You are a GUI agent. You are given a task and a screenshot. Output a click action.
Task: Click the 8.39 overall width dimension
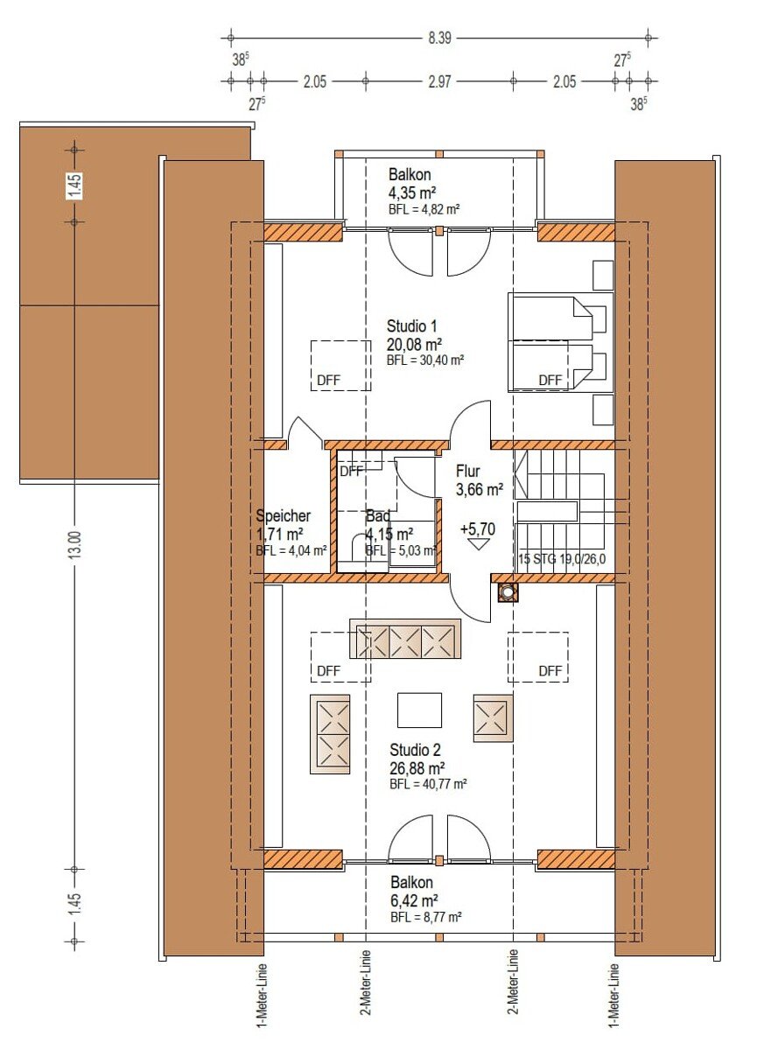pyautogui.click(x=439, y=38)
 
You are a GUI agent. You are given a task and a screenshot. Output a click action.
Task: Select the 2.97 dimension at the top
pyautogui.click(x=439, y=82)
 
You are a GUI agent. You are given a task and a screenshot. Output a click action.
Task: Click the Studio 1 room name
pyautogui.click(x=411, y=325)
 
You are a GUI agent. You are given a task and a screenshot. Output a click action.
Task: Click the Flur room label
pyautogui.click(x=468, y=471)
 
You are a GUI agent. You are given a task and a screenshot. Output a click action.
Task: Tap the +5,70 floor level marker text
pyautogui.click(x=478, y=528)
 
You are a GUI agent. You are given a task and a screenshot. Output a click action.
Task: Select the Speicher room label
pyautogui.click(x=284, y=515)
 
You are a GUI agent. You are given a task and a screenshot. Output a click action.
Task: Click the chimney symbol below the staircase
pyautogui.click(x=508, y=592)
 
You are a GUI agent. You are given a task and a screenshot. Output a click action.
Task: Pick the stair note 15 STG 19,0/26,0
pyautogui.click(x=563, y=559)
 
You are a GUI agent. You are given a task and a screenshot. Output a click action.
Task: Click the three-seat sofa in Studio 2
pyautogui.click(x=405, y=639)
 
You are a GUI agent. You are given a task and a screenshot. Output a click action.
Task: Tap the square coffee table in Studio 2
pyautogui.click(x=419, y=710)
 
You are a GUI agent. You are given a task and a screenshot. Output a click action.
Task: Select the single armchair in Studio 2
pyautogui.click(x=493, y=718)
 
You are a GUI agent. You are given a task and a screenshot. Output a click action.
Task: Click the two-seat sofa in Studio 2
pyautogui.click(x=330, y=734)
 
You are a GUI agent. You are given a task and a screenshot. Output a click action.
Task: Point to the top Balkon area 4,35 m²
pyautogui.click(x=412, y=192)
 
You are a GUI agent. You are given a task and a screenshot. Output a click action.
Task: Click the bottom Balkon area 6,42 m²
pyautogui.click(x=414, y=900)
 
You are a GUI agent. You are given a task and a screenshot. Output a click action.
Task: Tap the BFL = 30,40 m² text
pyautogui.click(x=425, y=360)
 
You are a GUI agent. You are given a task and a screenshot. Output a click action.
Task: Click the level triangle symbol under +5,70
pyautogui.click(x=478, y=544)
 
